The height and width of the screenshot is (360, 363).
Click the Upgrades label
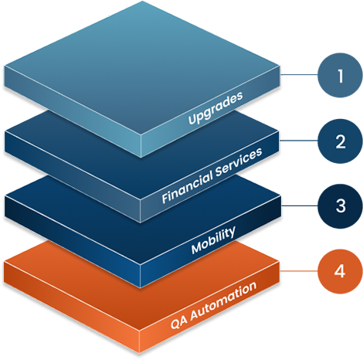pos(215,108)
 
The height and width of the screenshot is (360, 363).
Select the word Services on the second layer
pos(239,162)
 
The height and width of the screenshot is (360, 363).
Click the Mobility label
pos(213,240)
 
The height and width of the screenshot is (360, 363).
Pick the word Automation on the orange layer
pos(223,301)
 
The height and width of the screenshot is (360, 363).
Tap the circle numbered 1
pos(340,75)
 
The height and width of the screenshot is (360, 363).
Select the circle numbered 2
pos(340,141)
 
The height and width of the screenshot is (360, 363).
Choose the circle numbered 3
pos(340,206)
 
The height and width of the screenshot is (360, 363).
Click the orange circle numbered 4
pos(340,271)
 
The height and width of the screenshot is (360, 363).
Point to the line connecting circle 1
pos(299,75)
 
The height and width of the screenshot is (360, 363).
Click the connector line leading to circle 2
pos(299,141)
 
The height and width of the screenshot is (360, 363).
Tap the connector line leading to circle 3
pos(300,205)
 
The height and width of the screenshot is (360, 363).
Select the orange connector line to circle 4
pos(299,271)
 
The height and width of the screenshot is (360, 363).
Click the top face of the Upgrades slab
pos(141,67)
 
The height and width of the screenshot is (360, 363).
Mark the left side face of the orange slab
pos(72,307)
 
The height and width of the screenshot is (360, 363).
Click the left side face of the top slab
pos(72,111)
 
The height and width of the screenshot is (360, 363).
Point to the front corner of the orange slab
pos(140,331)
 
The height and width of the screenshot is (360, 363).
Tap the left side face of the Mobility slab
pos(72,242)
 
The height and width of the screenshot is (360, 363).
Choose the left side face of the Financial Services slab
pos(72,177)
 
